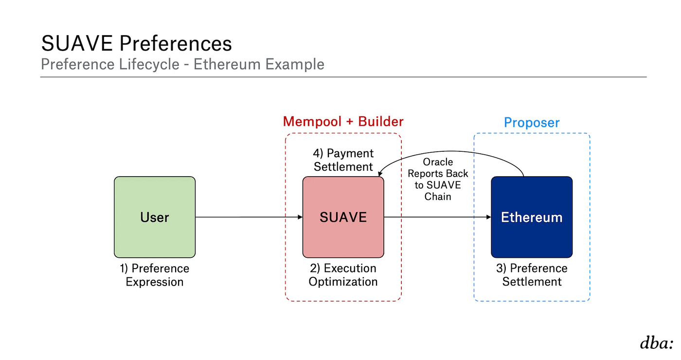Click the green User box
pyautogui.click(x=155, y=217)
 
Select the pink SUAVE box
pyautogui.click(x=343, y=217)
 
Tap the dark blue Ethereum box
pyautogui.click(x=532, y=217)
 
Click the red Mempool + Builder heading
pyautogui.click(x=343, y=122)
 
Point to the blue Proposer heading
pyautogui.click(x=532, y=123)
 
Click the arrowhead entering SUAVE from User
pyautogui.click(x=300, y=217)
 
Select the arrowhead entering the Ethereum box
pyautogui.click(x=488, y=217)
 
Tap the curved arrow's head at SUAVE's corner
pyautogui.click(x=380, y=174)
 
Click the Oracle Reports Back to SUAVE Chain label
pyautogui.click(x=438, y=179)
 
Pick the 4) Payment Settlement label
pyautogui.click(x=343, y=160)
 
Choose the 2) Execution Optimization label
pyautogui.click(x=343, y=275)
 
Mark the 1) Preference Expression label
pyautogui.click(x=155, y=275)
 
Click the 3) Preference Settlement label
pyautogui.click(x=532, y=275)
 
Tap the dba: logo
pyautogui.click(x=657, y=343)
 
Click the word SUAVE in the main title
pyautogui.click(x=77, y=43)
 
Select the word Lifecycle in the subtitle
pyautogui.click(x=149, y=64)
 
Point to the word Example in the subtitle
pyautogui.click(x=295, y=64)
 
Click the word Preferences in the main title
pyautogui.click(x=176, y=43)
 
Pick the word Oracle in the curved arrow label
pyautogui.click(x=438, y=162)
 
